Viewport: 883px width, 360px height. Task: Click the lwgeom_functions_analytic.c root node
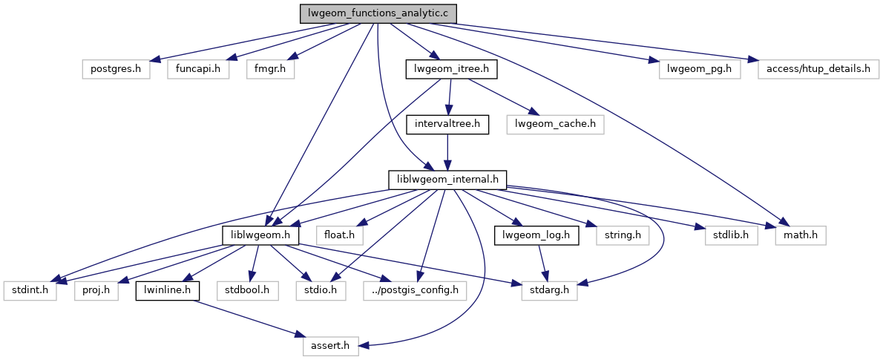pyautogui.click(x=378, y=13)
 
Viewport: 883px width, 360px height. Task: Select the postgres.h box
pyautogui.click(x=116, y=69)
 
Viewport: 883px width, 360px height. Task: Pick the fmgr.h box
pyautogui.click(x=270, y=69)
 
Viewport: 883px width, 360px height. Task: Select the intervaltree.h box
pyautogui.click(x=447, y=125)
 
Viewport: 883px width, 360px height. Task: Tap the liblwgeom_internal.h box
pyautogui.click(x=447, y=180)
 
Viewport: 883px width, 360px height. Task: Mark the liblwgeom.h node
pyautogui.click(x=260, y=235)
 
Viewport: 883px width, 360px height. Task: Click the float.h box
pyautogui.click(x=340, y=235)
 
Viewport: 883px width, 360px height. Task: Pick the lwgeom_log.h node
pyautogui.click(x=537, y=235)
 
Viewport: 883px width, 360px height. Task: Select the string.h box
pyautogui.click(x=623, y=235)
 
